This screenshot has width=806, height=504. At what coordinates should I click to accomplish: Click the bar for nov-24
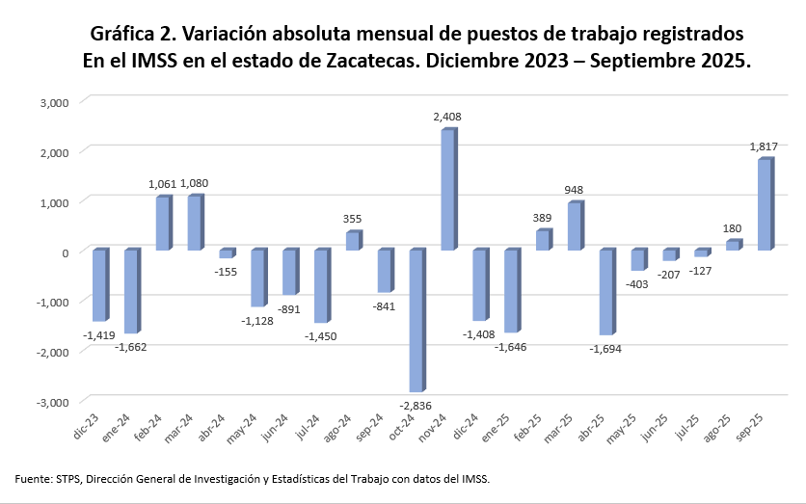(x=447, y=190)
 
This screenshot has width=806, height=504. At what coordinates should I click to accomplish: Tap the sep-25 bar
(x=765, y=204)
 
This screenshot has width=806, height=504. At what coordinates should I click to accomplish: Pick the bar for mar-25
(x=575, y=225)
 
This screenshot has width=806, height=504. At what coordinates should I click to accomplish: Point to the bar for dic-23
(x=98, y=284)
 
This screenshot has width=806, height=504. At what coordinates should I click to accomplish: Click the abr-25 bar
(x=606, y=291)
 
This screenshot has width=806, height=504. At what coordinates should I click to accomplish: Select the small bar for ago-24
(x=352, y=241)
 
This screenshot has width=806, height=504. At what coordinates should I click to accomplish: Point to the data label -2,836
(x=416, y=403)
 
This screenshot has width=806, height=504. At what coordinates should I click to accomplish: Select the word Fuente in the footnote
(x=33, y=478)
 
